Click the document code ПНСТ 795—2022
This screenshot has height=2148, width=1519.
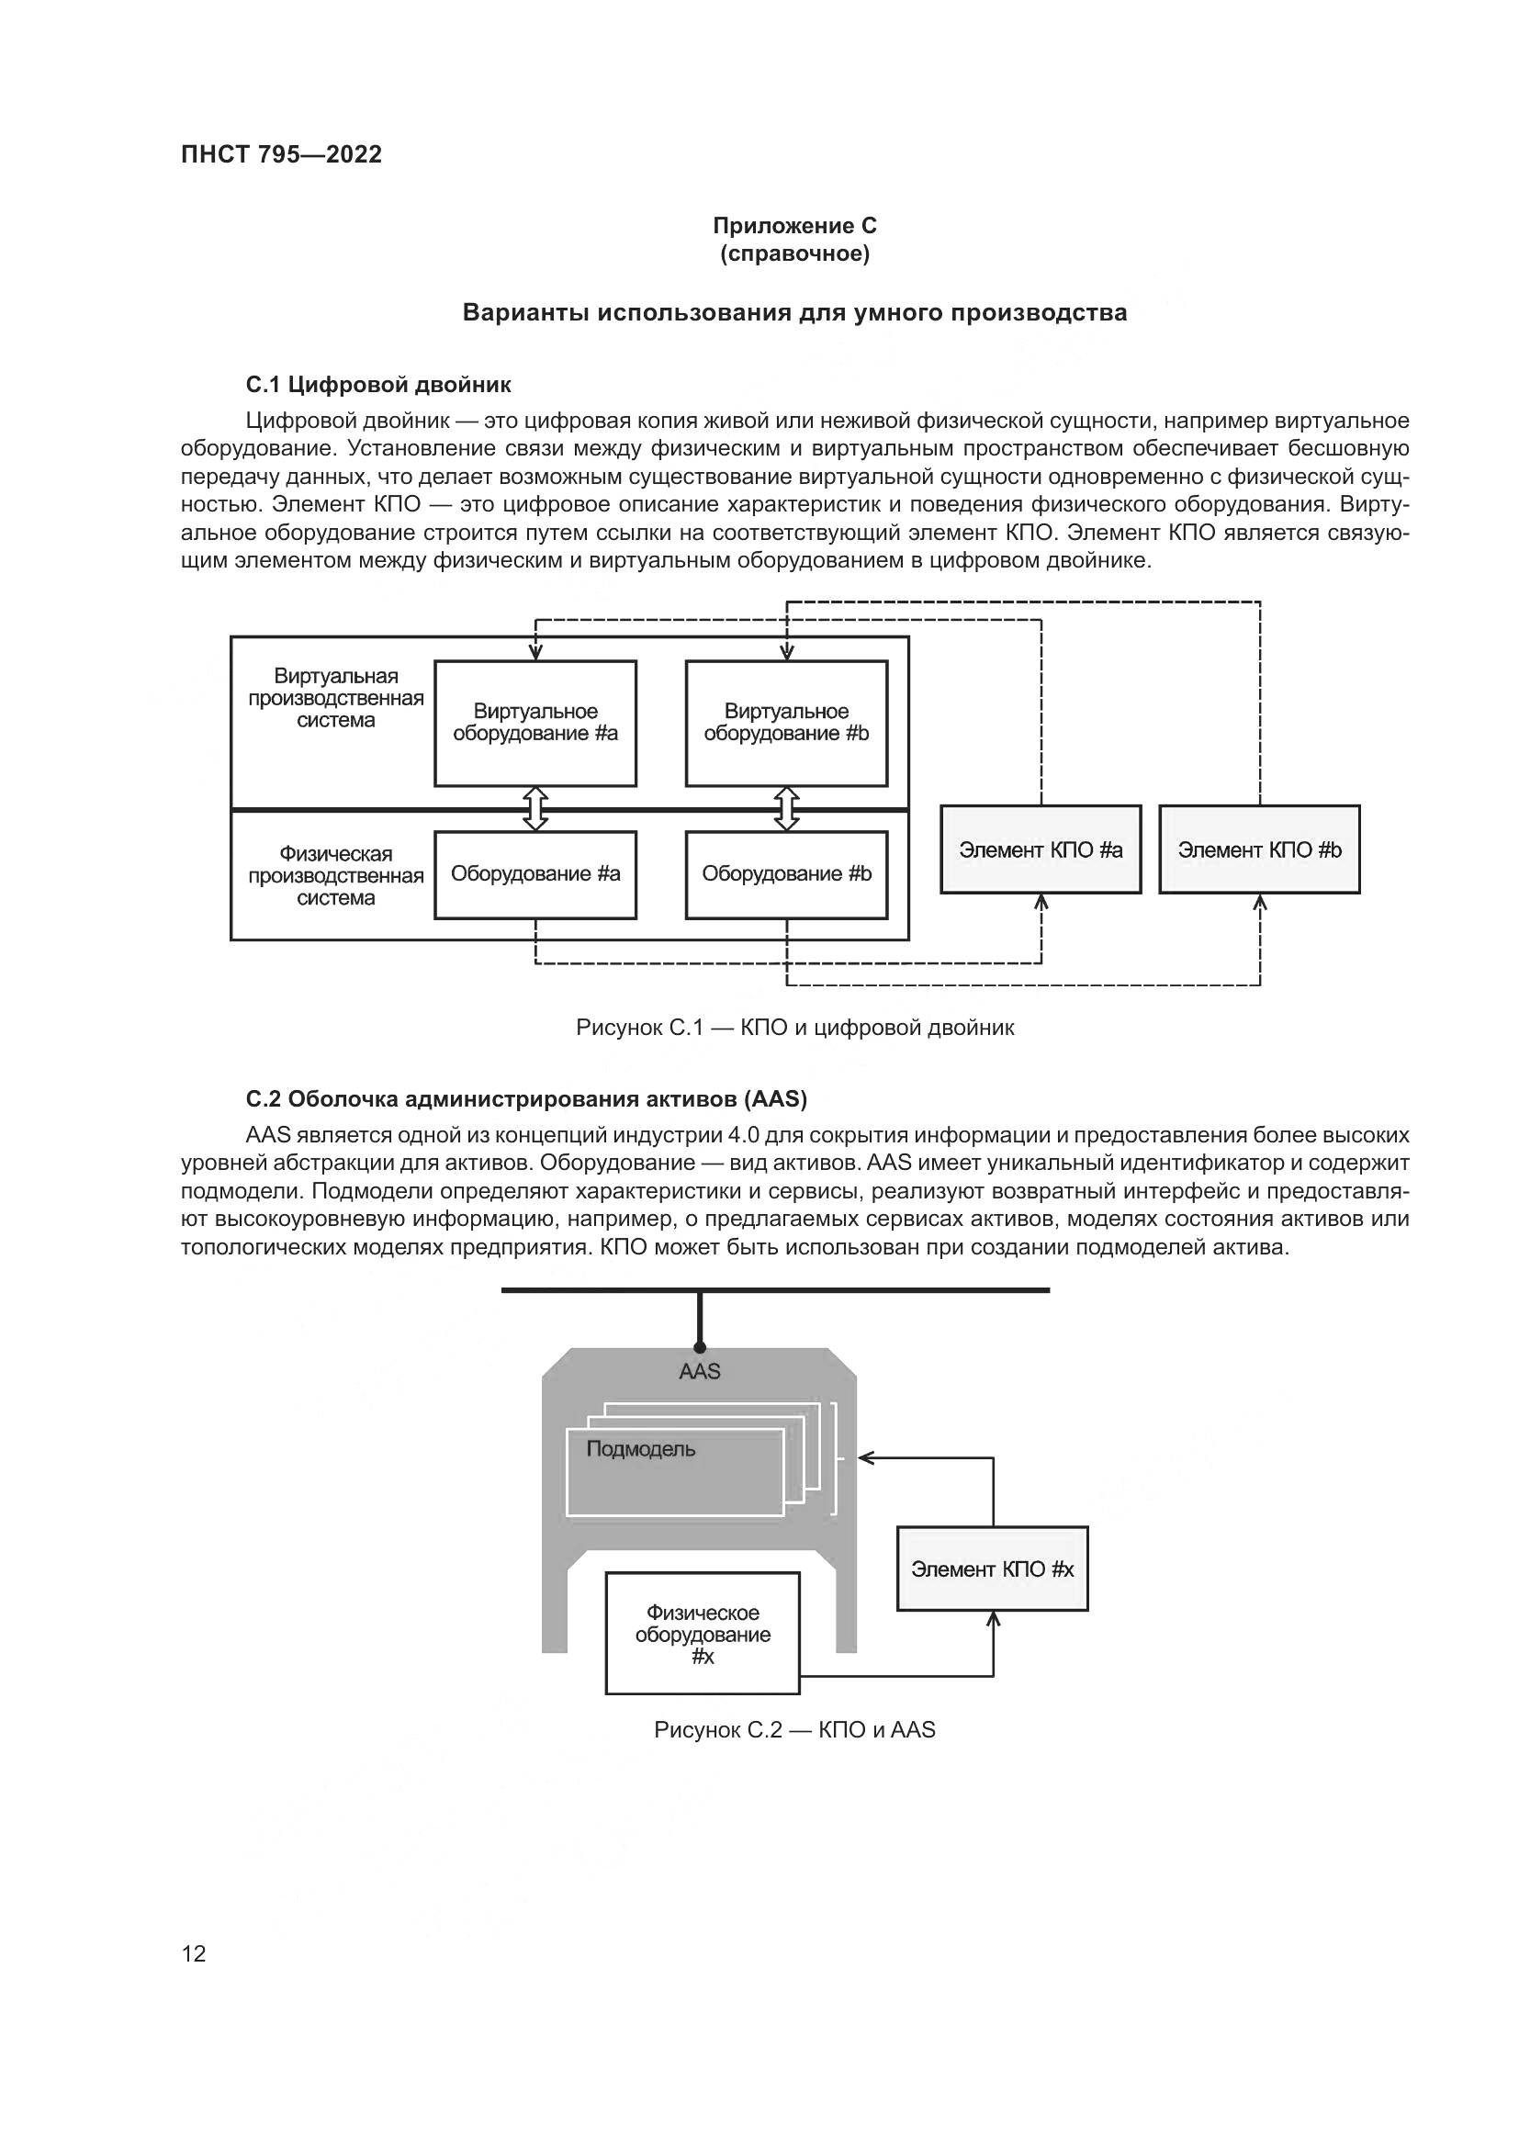click(281, 154)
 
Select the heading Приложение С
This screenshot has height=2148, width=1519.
click(794, 226)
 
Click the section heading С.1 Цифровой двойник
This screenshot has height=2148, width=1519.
click(377, 385)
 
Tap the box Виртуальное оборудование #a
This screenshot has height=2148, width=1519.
click(535, 723)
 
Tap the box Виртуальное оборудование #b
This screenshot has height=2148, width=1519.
click(786, 723)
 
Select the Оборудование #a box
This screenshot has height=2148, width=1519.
click(535, 873)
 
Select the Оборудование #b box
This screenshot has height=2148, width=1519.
click(786, 873)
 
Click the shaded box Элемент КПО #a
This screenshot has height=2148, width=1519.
click(1041, 849)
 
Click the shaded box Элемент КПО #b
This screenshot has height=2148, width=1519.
click(1259, 849)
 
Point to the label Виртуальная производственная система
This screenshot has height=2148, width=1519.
click(335, 698)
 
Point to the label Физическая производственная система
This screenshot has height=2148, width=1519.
click(335, 876)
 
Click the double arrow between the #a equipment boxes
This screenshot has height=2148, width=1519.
click(535, 808)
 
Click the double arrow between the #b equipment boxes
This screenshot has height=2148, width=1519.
click(787, 808)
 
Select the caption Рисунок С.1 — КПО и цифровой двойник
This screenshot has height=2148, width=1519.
click(794, 1028)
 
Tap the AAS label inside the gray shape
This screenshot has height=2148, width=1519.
click(700, 1371)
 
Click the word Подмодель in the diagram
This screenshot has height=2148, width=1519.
click(641, 1449)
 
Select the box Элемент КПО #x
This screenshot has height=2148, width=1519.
click(992, 1569)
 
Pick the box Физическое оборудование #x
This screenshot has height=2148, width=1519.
click(703, 1635)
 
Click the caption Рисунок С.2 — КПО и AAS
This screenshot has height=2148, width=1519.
click(794, 1730)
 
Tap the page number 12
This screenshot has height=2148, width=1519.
click(194, 1953)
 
